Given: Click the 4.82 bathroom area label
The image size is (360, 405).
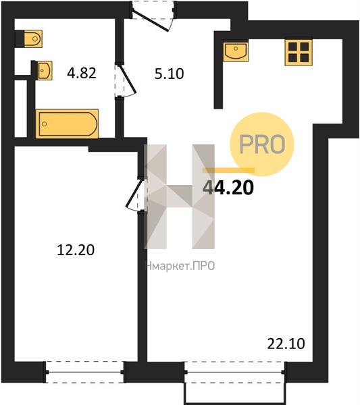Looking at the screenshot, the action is click(x=82, y=73).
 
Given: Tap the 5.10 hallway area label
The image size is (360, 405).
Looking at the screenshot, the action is click(x=170, y=74).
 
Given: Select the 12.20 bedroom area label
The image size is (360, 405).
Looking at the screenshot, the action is click(x=76, y=250).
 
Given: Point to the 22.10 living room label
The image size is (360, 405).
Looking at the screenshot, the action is click(x=286, y=344).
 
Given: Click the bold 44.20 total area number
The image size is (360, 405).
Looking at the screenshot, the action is click(x=228, y=188).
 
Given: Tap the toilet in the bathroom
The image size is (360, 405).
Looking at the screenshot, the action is click(x=33, y=39).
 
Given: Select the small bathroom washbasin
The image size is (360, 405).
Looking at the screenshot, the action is click(x=45, y=70).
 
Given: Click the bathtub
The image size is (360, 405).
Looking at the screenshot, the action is click(x=67, y=124).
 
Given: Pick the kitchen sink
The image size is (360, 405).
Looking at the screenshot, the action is click(x=236, y=52).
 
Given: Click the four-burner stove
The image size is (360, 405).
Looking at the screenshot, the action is click(x=299, y=52).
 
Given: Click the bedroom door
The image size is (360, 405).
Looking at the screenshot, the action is click(x=135, y=194).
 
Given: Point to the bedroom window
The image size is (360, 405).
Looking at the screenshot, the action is click(x=85, y=372).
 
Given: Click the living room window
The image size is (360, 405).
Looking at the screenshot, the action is click(x=235, y=372).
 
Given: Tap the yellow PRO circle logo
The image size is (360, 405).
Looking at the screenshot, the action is click(x=262, y=144).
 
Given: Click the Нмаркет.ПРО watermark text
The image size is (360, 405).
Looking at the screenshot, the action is click(x=180, y=266).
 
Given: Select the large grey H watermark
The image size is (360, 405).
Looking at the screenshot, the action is click(x=179, y=196).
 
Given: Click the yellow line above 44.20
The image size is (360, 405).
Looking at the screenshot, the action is click(x=229, y=170).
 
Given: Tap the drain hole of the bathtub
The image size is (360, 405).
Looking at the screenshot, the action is click(x=45, y=124).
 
